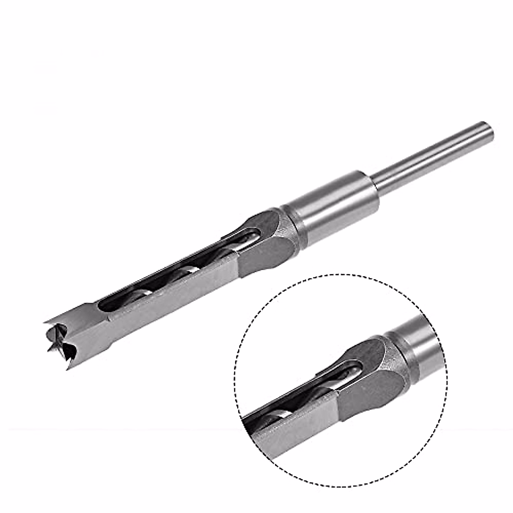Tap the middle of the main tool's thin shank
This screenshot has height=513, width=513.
(432, 156)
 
